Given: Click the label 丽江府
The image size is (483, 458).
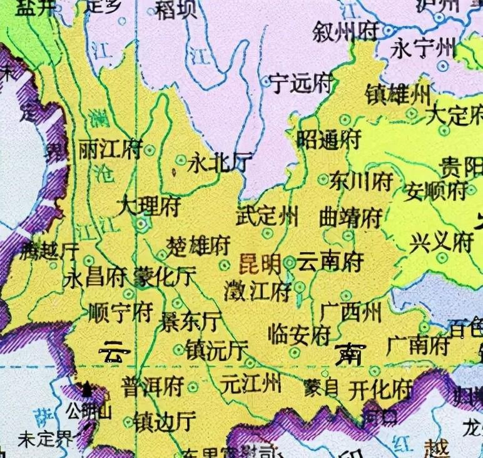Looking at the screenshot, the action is pyautogui.click(x=110, y=150).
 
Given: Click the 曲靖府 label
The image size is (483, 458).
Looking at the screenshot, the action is pyautogui.click(x=350, y=218).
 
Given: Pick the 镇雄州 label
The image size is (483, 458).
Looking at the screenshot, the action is pyautogui.click(x=398, y=96).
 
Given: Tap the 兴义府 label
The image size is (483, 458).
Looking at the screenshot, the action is pyautogui.click(x=441, y=242).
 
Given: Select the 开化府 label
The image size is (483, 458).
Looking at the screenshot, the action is pyautogui.click(x=381, y=389).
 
